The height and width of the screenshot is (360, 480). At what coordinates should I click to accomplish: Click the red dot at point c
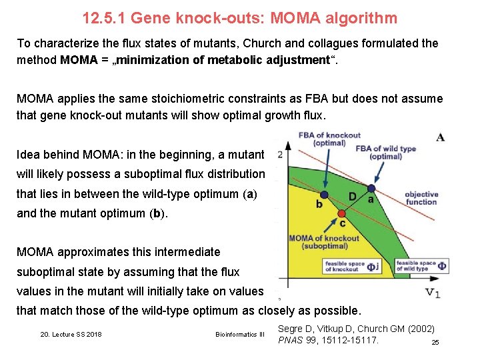[342, 214]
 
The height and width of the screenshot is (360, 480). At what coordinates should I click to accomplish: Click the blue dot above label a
[371, 188]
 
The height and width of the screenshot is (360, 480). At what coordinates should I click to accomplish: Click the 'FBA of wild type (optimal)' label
[385, 153]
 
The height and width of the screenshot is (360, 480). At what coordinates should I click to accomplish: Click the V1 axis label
[433, 293]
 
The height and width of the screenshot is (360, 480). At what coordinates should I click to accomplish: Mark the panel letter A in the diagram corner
[441, 137]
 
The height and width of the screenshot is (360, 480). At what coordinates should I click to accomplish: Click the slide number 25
[435, 342]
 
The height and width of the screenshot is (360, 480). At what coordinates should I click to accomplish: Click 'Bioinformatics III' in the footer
[240, 334]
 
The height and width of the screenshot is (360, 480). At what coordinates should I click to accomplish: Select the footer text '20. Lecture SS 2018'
[71, 334]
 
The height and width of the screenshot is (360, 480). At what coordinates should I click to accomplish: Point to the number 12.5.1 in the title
[104, 18]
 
